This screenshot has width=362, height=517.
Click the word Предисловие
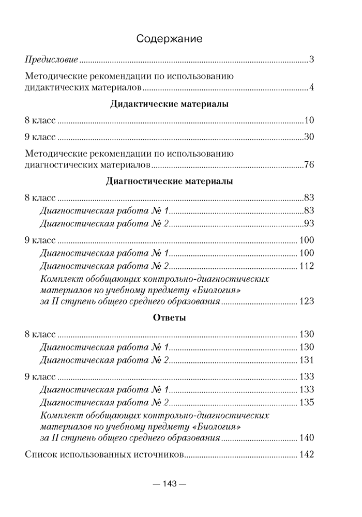click(x=51, y=60)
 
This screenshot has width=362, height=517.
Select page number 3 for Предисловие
click(x=312, y=60)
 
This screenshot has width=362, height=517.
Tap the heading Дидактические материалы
click(x=170, y=104)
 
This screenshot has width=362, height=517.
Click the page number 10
click(x=309, y=121)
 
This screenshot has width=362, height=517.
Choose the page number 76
click(x=309, y=165)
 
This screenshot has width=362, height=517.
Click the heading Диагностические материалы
click(x=170, y=181)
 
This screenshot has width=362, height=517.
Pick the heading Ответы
click(x=170, y=317)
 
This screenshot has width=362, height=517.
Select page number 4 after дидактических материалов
click(x=312, y=87)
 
